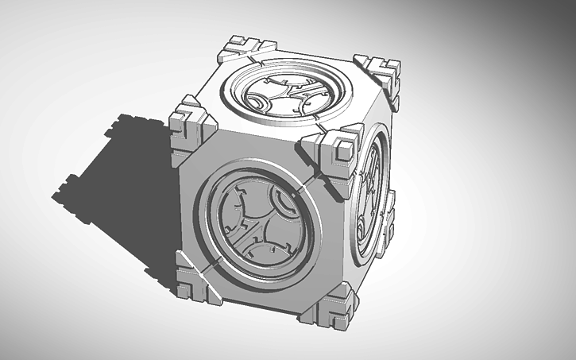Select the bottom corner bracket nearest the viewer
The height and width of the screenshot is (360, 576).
[x=327, y=307]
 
